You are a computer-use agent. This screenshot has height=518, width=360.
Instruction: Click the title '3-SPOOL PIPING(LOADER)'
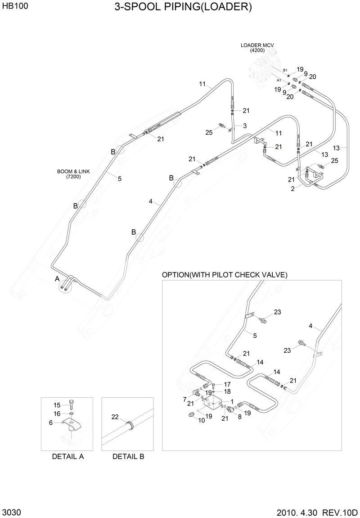pos(183,7)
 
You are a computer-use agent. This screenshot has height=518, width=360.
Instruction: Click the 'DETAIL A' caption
pos(68,456)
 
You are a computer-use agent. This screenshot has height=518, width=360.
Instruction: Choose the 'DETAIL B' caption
pos(128,456)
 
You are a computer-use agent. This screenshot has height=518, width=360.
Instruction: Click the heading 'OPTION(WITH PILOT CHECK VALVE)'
pos(225,275)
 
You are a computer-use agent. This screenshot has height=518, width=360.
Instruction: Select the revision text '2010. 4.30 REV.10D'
pos(317,513)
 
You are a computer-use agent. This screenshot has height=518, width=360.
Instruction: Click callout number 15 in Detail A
pos(57,405)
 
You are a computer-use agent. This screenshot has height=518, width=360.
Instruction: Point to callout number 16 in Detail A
pos(57,413)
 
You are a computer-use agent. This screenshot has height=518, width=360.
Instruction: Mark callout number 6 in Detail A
pos(51,422)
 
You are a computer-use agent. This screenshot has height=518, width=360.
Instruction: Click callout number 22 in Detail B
pos(115,417)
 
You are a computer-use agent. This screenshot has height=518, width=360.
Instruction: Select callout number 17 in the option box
pos(227,384)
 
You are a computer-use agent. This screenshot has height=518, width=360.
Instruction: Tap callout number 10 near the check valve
pos(202,420)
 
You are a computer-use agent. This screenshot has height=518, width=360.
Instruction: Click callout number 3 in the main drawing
pos(245,125)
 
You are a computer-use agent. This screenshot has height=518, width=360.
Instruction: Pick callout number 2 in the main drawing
pos(293,189)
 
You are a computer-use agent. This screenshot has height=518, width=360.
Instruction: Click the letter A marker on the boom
pos(57,279)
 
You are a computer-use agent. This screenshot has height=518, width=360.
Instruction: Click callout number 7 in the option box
pos(184,399)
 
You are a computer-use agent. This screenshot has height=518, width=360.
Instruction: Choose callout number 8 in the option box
pos(239,417)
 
